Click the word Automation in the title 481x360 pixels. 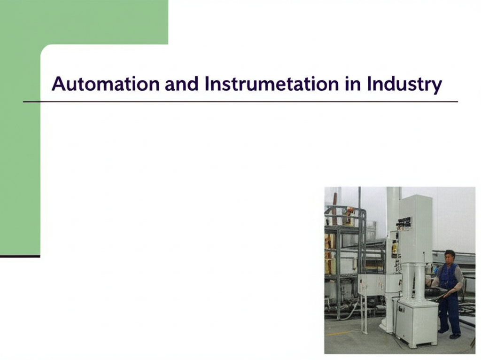[x=106, y=84]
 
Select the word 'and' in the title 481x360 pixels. [x=181, y=84]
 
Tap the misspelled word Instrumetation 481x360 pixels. [x=271, y=84]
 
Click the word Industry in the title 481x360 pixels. [x=404, y=85]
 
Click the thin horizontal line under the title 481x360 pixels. [x=240, y=101]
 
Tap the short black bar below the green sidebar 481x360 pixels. [x=20, y=256]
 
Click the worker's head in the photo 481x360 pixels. [x=450, y=257]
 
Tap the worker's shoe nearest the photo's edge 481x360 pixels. [x=455, y=336]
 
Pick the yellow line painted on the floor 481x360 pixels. [x=337, y=333]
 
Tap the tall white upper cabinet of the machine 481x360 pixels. [x=415, y=229]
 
